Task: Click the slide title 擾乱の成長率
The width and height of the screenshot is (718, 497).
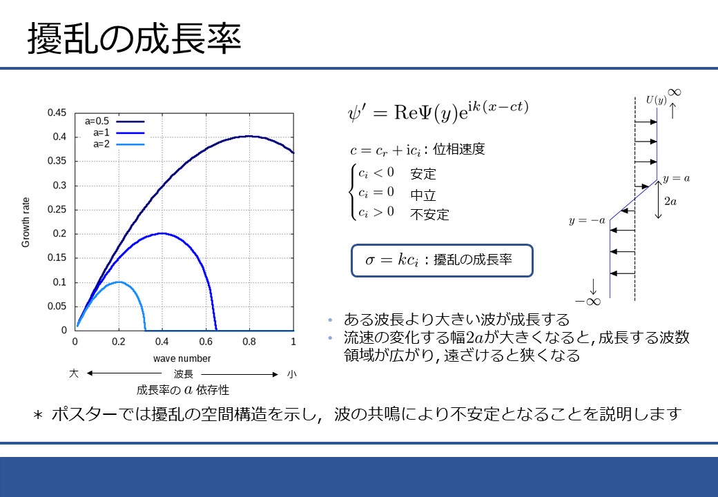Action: (x=134, y=39)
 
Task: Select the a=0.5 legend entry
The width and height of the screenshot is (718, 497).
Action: (x=115, y=121)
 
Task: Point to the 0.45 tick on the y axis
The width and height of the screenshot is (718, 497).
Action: (x=57, y=113)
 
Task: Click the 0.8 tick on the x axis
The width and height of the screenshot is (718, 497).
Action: (x=249, y=342)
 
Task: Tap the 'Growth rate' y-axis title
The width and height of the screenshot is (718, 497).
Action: (x=26, y=222)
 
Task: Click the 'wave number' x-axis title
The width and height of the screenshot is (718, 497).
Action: (x=182, y=358)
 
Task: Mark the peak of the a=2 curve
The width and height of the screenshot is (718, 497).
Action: (x=119, y=282)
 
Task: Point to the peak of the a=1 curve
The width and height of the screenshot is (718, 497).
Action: (x=162, y=233)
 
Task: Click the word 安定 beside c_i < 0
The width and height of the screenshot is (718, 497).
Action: (x=423, y=174)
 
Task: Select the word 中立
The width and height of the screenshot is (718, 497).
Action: (x=423, y=195)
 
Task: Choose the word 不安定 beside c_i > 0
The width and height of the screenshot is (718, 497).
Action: (x=429, y=214)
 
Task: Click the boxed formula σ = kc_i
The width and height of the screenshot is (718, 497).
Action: (x=443, y=260)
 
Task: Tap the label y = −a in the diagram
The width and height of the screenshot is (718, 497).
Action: (x=587, y=221)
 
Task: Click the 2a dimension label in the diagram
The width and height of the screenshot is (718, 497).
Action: (x=670, y=201)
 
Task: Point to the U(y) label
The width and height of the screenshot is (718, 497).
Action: (x=656, y=100)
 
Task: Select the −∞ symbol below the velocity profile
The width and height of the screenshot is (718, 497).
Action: (x=588, y=302)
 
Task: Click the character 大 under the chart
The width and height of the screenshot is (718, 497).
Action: (x=74, y=373)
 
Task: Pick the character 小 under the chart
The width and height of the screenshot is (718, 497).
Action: (x=291, y=374)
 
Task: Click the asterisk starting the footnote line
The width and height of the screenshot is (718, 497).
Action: (x=38, y=415)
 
